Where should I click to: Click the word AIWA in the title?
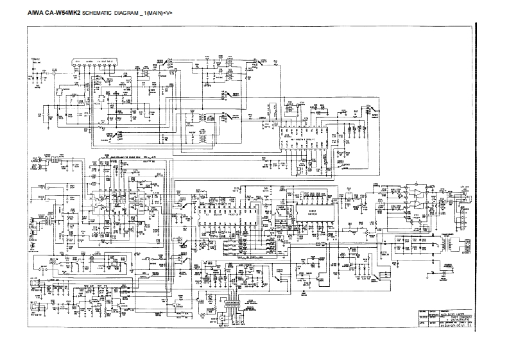(36, 13)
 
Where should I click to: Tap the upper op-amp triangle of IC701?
(417, 193)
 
